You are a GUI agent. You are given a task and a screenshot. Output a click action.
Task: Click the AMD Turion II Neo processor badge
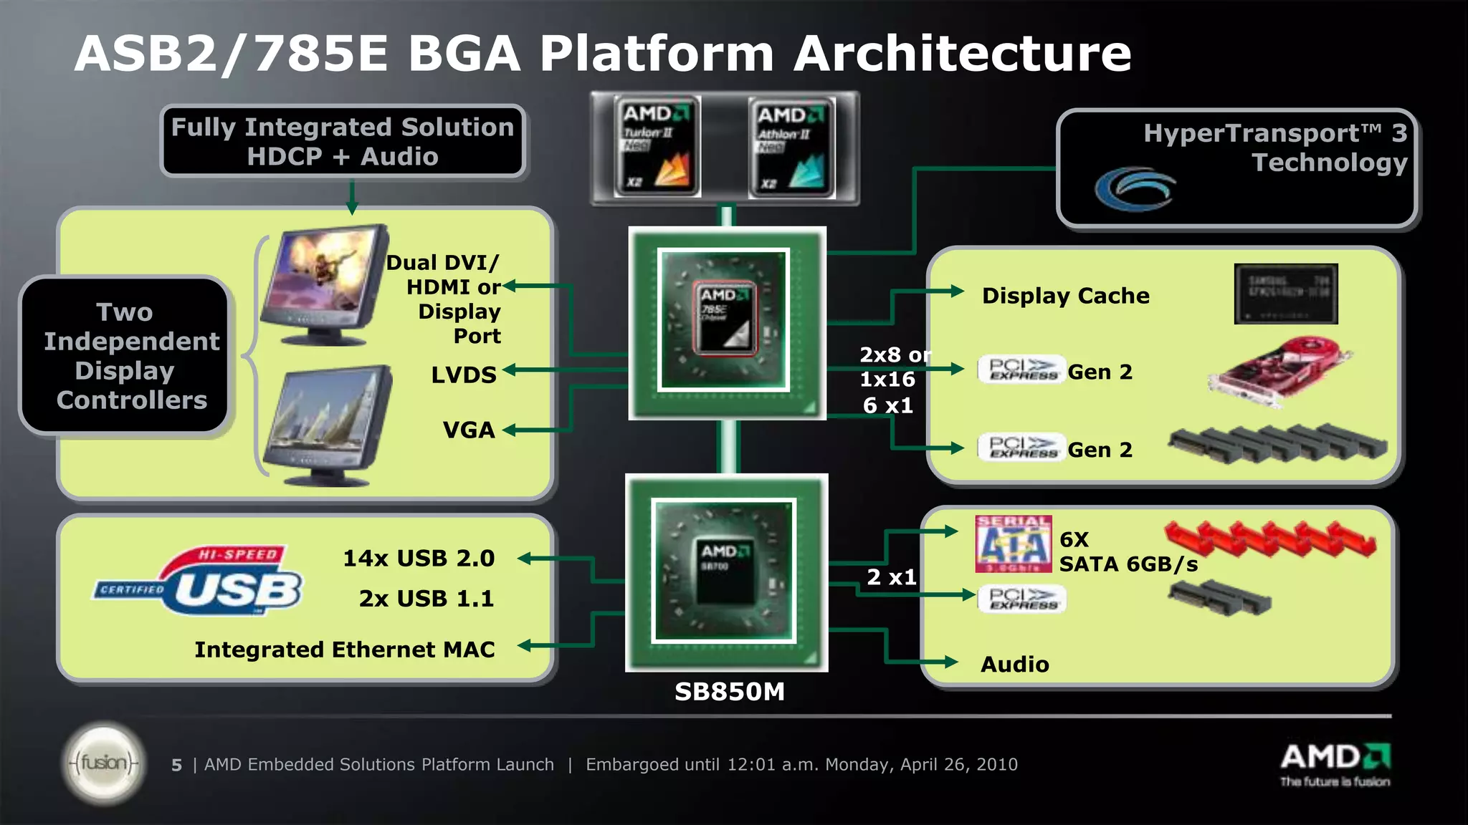click(x=657, y=147)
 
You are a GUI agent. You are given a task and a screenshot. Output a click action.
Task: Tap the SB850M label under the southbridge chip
click(x=729, y=692)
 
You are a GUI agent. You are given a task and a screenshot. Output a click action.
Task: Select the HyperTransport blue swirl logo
click(x=1135, y=189)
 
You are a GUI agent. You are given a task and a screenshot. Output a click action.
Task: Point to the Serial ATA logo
click(x=1013, y=544)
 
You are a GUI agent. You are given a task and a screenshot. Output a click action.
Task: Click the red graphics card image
click(x=1279, y=372)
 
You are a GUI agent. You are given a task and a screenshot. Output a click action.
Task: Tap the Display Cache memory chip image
click(x=1286, y=294)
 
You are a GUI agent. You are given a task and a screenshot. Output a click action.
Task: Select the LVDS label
click(x=463, y=375)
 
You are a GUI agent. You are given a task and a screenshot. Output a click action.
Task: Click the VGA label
click(x=469, y=430)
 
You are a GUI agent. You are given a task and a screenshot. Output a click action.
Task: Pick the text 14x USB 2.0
click(x=419, y=558)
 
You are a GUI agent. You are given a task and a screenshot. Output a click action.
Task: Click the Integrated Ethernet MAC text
click(x=345, y=650)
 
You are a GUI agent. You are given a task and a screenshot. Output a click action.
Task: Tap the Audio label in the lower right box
click(x=1014, y=665)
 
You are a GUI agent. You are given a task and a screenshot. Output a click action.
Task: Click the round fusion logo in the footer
click(x=104, y=763)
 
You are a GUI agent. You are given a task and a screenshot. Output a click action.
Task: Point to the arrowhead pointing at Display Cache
click(x=957, y=291)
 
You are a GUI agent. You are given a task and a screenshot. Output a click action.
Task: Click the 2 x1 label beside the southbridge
click(x=891, y=577)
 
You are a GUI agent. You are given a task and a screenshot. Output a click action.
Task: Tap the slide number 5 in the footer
click(x=176, y=766)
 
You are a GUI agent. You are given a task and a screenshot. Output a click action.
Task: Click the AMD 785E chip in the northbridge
click(x=724, y=319)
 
